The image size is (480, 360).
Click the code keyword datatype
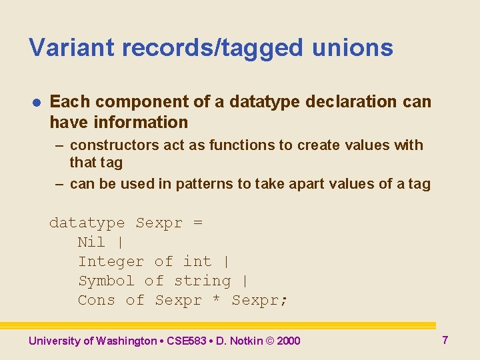point(87,223)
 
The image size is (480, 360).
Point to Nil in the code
point(92,242)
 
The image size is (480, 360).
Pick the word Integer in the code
point(111,261)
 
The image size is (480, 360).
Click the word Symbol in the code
point(106,281)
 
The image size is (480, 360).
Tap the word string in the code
point(202,281)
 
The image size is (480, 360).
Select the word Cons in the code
point(97,300)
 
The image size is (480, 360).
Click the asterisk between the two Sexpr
point(216,301)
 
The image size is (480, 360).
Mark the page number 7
point(445,340)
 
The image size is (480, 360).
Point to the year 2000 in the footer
point(288,341)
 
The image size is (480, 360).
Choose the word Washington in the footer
point(126,341)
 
